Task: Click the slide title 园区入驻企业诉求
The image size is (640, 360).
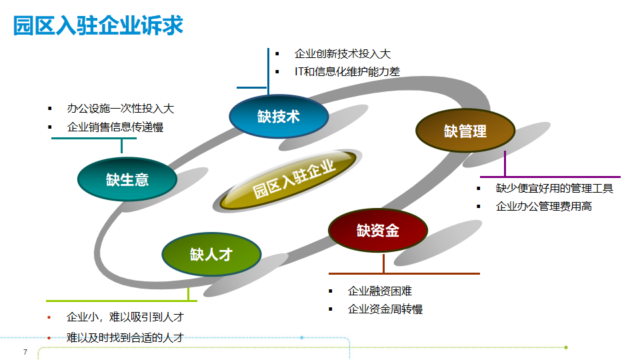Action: pyautogui.click(x=99, y=26)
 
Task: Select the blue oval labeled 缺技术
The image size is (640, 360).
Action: pyautogui.click(x=279, y=117)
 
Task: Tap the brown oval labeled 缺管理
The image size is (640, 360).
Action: pyautogui.click(x=465, y=131)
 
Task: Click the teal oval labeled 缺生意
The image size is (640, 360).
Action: pyautogui.click(x=127, y=179)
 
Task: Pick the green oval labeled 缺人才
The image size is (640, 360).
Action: pyautogui.click(x=211, y=254)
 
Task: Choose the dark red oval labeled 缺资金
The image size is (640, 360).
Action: pyautogui.click(x=377, y=231)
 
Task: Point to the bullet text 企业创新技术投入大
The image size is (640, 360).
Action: pyautogui.click(x=343, y=54)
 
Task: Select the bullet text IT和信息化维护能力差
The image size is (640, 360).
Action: pyautogui.click(x=347, y=72)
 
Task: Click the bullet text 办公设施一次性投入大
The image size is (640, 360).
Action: pyautogui.click(x=120, y=109)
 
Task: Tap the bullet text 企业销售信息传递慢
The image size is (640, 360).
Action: pyautogui.click(x=115, y=127)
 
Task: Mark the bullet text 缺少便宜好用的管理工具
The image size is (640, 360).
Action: pyautogui.click(x=554, y=189)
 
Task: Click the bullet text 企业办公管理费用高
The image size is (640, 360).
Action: pyautogui.click(x=543, y=207)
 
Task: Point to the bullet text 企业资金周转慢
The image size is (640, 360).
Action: pyautogui.click(x=385, y=309)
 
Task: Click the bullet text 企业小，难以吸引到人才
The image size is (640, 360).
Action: pyautogui.click(x=125, y=317)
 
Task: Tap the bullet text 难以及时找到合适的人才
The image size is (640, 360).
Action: pyautogui.click(x=125, y=338)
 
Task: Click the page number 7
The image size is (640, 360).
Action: pyautogui.click(x=25, y=351)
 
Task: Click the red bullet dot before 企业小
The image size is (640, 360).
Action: pyautogui.click(x=49, y=317)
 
